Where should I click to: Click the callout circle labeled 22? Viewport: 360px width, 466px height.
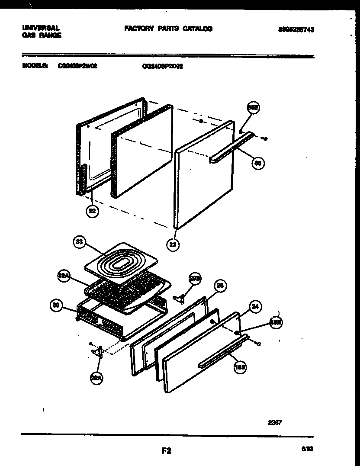(92, 212)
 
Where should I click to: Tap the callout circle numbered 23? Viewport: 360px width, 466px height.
(173, 244)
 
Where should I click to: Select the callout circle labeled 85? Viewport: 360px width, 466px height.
(258, 163)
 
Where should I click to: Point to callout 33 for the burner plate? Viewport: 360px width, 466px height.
(79, 243)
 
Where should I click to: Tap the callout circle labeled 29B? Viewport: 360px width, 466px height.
(195, 280)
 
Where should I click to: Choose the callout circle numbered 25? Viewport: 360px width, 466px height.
(221, 285)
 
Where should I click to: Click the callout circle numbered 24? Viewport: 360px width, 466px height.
(255, 308)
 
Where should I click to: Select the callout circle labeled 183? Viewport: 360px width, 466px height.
(240, 367)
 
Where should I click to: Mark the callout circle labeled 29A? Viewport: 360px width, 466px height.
(96, 379)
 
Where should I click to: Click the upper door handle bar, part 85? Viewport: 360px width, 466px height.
(231, 148)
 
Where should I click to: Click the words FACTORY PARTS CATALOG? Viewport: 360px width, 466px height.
(168, 29)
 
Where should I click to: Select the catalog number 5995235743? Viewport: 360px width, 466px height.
(296, 29)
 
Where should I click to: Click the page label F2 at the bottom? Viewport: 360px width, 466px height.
(167, 451)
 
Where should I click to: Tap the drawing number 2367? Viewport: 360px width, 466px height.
(275, 422)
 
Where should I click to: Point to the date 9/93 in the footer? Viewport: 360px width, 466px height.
(307, 450)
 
